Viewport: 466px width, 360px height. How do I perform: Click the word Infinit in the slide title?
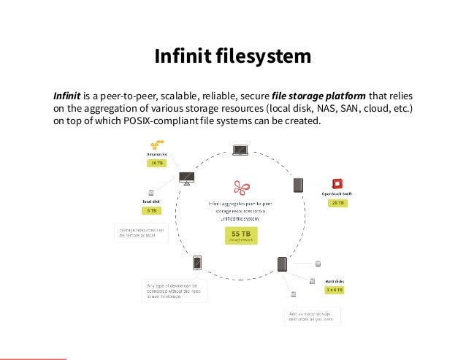[x=179, y=56]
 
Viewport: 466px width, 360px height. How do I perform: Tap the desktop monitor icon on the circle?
[x=186, y=177]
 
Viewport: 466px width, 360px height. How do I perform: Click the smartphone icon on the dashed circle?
[x=197, y=261]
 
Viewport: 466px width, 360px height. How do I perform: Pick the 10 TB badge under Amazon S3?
[x=156, y=164]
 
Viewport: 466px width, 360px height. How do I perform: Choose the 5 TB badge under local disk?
[x=150, y=210]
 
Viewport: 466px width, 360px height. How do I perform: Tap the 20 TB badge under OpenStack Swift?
[x=337, y=202]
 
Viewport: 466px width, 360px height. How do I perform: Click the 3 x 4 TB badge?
[x=335, y=290]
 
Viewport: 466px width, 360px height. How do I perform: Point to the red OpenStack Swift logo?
[x=337, y=184]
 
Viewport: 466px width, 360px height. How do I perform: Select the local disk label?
[x=151, y=200]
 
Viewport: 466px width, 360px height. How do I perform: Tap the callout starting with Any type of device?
[x=173, y=291]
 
